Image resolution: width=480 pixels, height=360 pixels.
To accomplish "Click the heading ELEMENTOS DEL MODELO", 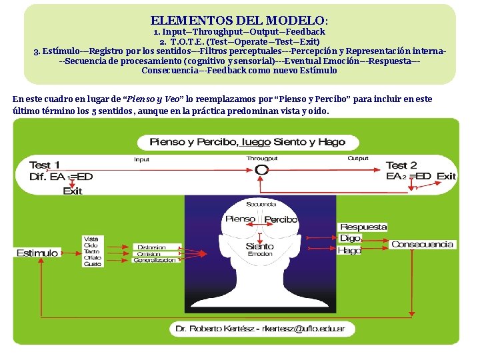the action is tap(239, 21).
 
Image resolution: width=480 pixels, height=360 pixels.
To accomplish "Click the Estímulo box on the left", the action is tap(37, 253).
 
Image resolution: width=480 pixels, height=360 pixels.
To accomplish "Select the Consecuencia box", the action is tap(422, 244).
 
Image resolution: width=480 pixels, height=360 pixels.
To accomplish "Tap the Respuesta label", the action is tap(363, 227).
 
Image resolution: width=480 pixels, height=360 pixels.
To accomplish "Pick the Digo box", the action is tap(351, 238).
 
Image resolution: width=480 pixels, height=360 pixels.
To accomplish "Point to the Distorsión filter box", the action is tap(153, 247).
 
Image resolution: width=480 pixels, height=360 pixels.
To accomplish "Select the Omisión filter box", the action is tap(149, 254).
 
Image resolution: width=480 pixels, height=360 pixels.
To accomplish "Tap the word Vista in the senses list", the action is tap(91, 239).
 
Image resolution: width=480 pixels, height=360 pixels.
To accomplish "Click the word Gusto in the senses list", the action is tap(92, 264).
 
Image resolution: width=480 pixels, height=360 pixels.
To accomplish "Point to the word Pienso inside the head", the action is tap(241, 219).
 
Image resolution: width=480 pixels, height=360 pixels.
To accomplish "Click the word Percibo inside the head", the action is tap(281, 219).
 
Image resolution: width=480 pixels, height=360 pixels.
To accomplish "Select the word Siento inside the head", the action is tap(259, 247).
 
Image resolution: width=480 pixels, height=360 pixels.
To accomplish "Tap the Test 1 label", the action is tap(45, 165).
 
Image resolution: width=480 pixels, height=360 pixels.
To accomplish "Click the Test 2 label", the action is tap(401, 165).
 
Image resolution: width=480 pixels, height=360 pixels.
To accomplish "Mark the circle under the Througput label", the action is tap(262, 169).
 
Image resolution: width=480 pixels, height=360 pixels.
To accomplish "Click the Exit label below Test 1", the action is tap(72, 191).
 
